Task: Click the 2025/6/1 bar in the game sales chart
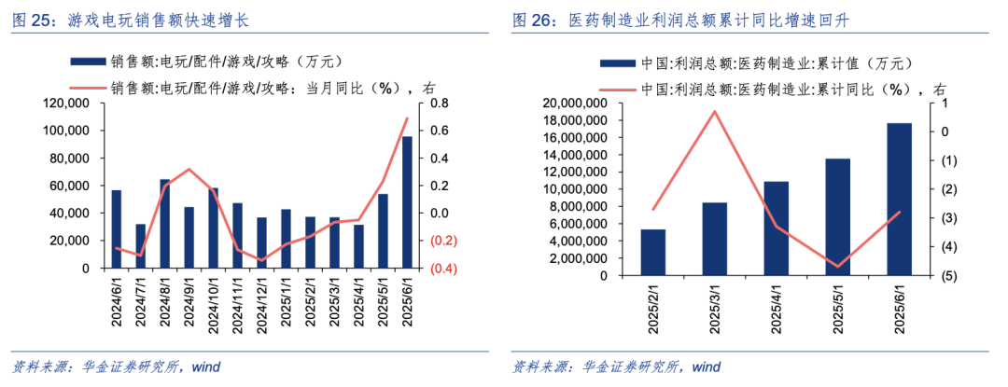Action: coord(407,202)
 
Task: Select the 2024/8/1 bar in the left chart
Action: coord(165,224)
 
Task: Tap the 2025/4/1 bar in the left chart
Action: coord(358,246)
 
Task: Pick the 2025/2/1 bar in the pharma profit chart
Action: coord(653,253)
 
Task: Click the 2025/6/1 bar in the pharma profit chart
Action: coord(899,200)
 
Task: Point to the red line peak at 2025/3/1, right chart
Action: coord(714,112)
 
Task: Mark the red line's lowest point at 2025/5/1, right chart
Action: coord(837,267)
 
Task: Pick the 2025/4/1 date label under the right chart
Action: coord(777,307)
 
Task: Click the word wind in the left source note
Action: coord(204,366)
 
